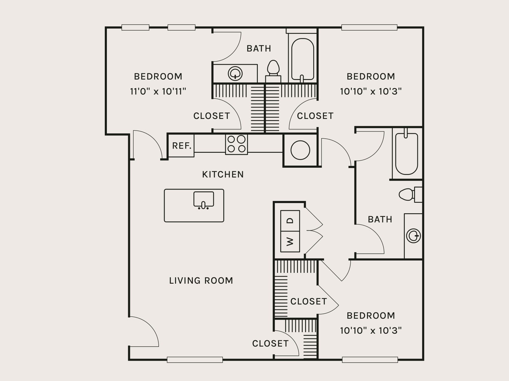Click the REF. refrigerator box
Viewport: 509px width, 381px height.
coord(181,146)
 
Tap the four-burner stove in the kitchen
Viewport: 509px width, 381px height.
coord(237,144)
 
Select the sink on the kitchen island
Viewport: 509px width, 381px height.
coord(204,199)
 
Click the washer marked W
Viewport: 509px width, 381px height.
coord(290,241)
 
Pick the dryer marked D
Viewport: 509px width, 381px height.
coord(290,221)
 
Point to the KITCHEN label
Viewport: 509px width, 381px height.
coord(223,174)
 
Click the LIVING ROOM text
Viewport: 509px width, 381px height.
coord(201,281)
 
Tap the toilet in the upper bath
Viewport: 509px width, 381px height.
coord(273,70)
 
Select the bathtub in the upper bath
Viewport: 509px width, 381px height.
coord(303,59)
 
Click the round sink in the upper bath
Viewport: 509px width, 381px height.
coord(235,73)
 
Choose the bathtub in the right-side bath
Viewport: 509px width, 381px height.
coord(407,153)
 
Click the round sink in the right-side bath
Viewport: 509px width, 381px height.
coord(413,236)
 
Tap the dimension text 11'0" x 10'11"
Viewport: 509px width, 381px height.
coord(158,91)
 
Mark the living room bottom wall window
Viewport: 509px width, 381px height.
coord(195,360)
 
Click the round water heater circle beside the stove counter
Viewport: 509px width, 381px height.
coord(300,150)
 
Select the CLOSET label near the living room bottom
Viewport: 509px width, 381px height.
coord(270,344)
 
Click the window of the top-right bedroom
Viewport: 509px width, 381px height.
coord(369,28)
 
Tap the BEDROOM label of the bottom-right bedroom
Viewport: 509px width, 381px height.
coord(371,316)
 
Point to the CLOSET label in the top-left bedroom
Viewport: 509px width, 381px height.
coord(211,116)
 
